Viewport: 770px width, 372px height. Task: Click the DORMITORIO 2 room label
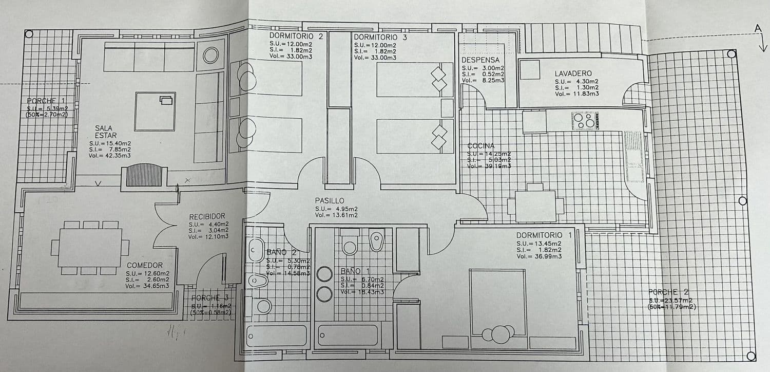[296, 36]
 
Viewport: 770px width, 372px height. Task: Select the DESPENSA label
[480, 60]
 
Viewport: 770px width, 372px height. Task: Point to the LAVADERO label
[573, 73]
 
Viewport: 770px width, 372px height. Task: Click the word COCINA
[480, 146]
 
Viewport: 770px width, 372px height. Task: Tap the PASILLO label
[330, 200]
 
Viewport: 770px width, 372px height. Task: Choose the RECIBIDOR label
[207, 216]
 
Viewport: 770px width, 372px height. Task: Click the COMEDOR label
[145, 265]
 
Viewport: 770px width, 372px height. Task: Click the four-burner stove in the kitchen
[584, 120]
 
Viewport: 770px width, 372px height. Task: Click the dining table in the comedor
[90, 247]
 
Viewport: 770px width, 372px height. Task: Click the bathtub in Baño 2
[277, 336]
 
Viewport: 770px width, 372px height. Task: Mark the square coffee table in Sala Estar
[155, 111]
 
